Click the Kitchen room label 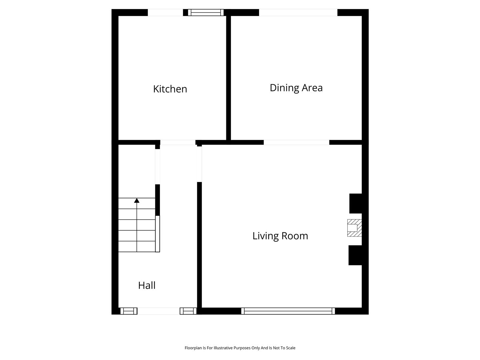pos(170,89)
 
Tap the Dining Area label pos(296,88)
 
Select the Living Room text pos(280,236)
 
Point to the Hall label pos(147,285)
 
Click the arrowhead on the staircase pos(137,200)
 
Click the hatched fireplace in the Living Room pos(354,228)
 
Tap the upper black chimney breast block pos(356,203)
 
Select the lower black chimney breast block pos(355,255)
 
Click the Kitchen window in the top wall pos(206,12)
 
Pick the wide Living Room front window pos(288,311)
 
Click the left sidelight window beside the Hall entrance pos(129,311)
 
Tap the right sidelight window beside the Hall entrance pos(188,311)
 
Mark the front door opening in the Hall pos(159,311)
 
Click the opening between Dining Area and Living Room pos(296,142)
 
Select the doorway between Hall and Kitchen pos(178,142)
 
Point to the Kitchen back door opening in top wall pos(165,12)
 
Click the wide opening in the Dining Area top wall pos(298,12)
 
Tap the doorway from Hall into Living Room pos(199,164)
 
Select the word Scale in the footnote pos(291,348)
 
